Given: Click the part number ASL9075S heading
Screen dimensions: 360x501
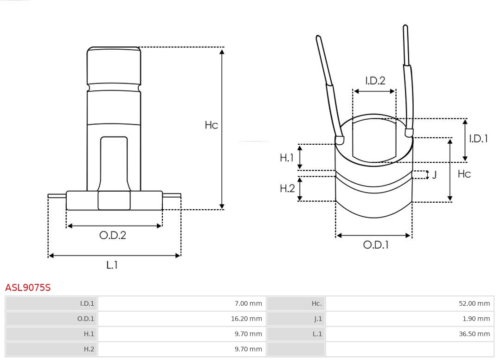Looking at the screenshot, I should click(28, 288).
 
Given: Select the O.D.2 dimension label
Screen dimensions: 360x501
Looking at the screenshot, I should click(113, 235).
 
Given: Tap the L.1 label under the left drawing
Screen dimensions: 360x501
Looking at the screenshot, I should click(112, 265).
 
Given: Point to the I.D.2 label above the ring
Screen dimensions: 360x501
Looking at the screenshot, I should click(375, 81).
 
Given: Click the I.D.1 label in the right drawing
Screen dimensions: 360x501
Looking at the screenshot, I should click(478, 138).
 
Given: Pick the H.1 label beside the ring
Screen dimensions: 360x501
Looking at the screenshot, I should click(287, 158).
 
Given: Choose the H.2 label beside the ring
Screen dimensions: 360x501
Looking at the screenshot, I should click(287, 188).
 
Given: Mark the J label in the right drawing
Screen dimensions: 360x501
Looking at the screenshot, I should click(435, 175).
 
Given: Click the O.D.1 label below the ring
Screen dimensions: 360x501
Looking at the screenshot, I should click(375, 244).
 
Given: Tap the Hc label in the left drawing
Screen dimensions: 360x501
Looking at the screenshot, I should click(212, 125).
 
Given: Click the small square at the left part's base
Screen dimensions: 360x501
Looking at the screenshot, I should click(114, 200).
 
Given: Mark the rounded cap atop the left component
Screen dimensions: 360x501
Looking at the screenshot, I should click(114, 65).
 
